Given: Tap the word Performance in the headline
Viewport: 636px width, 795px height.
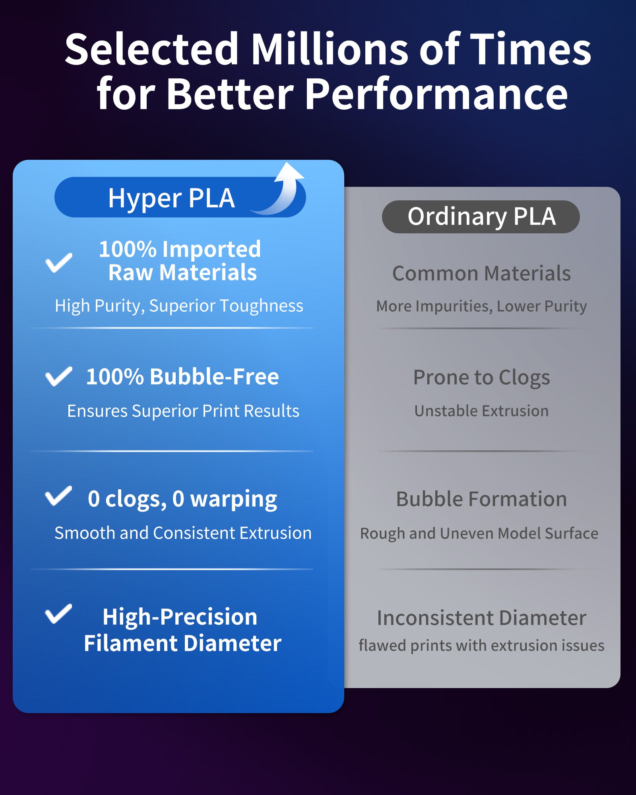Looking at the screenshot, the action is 436,94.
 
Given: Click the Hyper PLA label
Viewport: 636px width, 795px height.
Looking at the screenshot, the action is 172,198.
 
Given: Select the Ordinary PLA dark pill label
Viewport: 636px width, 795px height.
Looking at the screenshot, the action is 481,217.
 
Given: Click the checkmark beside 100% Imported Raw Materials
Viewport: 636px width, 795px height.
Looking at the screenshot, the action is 59,263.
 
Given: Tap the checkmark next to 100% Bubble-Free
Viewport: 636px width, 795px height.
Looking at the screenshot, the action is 59,376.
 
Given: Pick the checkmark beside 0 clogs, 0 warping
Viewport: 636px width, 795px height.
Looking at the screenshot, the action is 58,496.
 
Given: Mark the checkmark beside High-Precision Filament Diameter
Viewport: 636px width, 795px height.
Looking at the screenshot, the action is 58,614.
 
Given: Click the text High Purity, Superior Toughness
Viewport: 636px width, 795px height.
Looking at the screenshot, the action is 179,306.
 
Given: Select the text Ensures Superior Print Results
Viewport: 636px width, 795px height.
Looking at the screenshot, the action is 183,411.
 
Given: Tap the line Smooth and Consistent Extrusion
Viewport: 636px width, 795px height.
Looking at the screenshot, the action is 183,533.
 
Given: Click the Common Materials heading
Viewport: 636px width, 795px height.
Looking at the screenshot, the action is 481,273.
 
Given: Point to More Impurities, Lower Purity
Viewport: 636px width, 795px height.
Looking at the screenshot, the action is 481,306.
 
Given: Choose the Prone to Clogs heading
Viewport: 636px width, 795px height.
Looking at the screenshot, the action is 482,378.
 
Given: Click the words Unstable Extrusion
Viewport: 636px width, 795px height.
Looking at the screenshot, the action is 481,411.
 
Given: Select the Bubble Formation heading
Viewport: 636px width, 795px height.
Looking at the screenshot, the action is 481,499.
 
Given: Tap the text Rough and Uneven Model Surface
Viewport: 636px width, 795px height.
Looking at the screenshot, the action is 479,533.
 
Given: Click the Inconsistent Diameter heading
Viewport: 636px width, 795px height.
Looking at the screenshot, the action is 481,618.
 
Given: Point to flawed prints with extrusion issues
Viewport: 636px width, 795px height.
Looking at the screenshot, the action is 481,646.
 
